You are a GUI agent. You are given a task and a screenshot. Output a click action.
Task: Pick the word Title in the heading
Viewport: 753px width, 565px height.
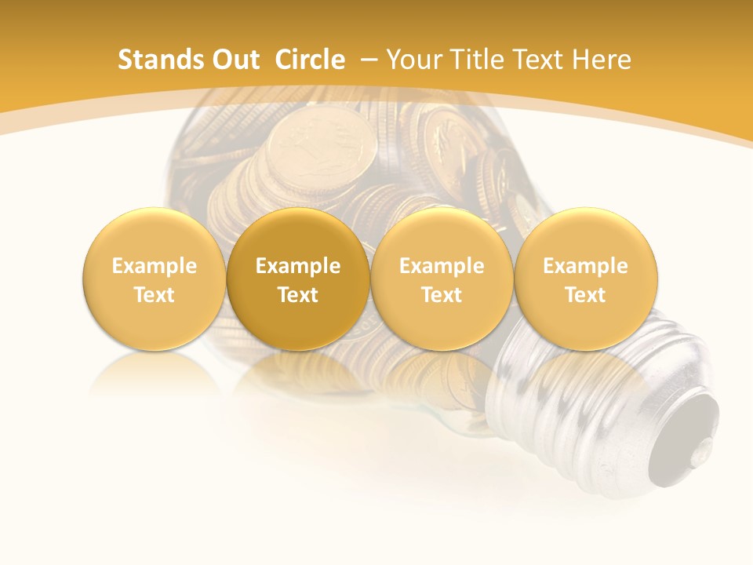[x=477, y=60]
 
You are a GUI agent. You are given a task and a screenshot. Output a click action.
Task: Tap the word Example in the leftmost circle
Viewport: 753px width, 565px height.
[x=155, y=266]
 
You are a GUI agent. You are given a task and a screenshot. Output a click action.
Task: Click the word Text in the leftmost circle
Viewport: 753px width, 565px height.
[x=155, y=295]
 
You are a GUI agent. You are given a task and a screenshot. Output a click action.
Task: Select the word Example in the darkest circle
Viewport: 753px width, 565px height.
[x=298, y=266]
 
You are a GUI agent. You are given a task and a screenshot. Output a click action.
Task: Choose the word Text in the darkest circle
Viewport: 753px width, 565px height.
[x=298, y=295]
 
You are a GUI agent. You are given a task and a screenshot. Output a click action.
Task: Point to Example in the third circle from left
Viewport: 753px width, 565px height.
[x=442, y=266]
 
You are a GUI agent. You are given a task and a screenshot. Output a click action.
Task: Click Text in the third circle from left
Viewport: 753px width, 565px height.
[x=442, y=295]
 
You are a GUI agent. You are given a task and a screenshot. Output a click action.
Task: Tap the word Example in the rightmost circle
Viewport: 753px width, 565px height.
[x=585, y=266]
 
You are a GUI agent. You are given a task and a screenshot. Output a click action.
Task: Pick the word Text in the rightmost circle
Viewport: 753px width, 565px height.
[x=585, y=295]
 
